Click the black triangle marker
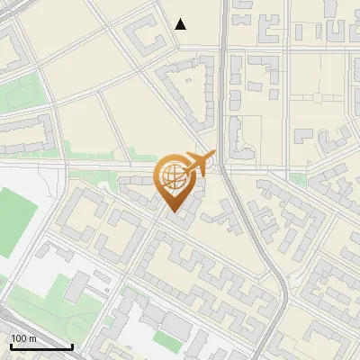(x=181, y=24)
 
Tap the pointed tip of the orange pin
(x=173, y=212)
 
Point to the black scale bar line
(x=41, y=346)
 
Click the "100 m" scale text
(x=23, y=338)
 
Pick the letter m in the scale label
(x=31, y=338)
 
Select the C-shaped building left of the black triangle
(x=144, y=37)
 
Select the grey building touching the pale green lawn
(x=76, y=286)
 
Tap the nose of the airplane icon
(x=215, y=156)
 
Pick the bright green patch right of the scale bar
(x=166, y=340)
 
